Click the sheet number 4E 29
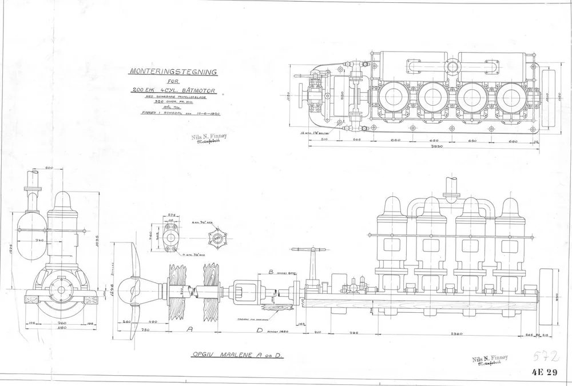(x=544, y=373)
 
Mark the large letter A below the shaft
(x=190, y=329)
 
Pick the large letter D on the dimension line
(x=259, y=330)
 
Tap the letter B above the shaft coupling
(x=271, y=273)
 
